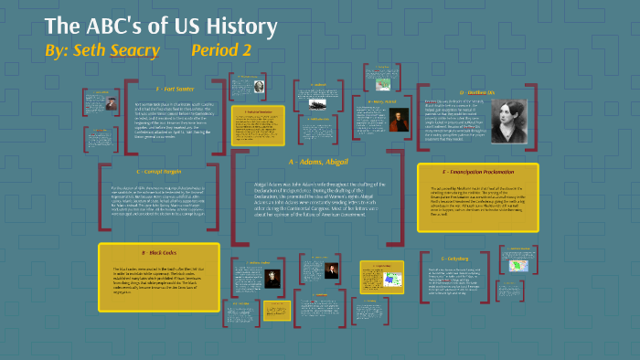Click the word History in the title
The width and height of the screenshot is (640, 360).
pos(238,26)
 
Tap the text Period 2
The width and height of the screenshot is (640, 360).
pos(220,50)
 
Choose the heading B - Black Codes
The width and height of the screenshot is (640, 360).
pos(156,251)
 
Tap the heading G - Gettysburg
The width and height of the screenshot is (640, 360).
pos(453,259)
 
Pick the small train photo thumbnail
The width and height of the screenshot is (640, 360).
pos(317,102)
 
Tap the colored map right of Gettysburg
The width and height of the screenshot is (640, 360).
pos(517,266)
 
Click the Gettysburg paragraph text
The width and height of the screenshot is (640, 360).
pos(453,285)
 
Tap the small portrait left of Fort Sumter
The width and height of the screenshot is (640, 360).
pos(111,103)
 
